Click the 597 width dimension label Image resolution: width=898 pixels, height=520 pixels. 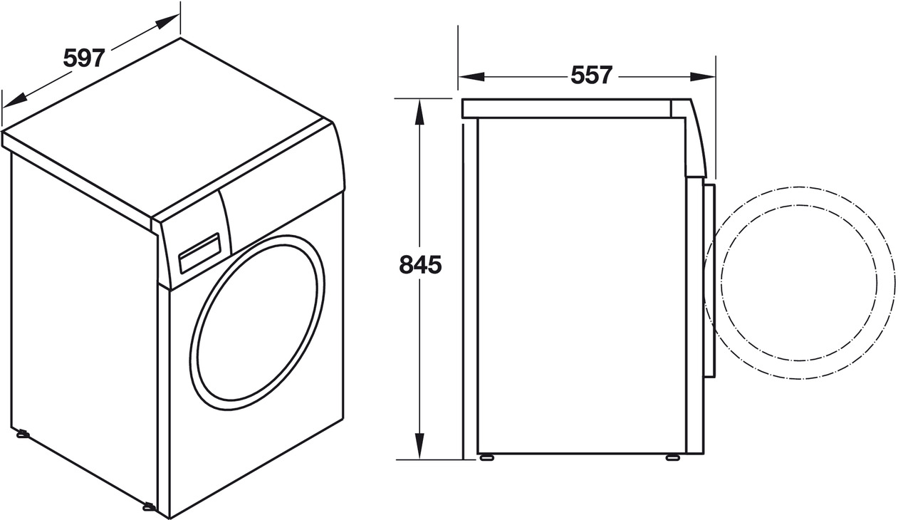(84, 58)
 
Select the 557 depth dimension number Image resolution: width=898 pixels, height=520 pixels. (591, 75)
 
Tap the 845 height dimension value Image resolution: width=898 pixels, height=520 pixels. (420, 265)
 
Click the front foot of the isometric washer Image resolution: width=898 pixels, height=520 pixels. (149, 506)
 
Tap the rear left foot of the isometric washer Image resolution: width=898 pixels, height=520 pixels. (22, 433)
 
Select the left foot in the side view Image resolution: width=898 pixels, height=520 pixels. (487, 457)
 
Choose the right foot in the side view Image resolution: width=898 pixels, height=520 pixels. (672, 457)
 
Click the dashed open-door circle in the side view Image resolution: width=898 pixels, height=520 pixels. (801, 283)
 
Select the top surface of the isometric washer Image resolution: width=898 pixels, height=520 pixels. (171, 128)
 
